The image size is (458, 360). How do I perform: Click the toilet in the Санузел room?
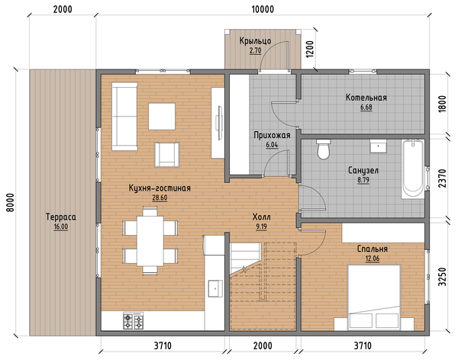pyautogui.click(x=324, y=149)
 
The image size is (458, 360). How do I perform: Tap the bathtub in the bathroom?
pyautogui.click(x=413, y=169)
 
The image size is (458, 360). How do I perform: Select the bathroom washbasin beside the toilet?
pyautogui.click(x=379, y=146)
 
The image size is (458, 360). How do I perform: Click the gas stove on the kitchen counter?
pyautogui.click(x=133, y=320)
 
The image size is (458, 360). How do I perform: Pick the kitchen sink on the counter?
pyautogui.click(x=215, y=288)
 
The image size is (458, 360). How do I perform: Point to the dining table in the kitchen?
pyautogui.click(x=150, y=241)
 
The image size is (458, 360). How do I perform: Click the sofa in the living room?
pyautogui.click(x=124, y=116)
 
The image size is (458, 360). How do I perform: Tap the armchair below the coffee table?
pyautogui.click(x=166, y=155)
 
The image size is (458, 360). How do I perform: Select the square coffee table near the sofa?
pyautogui.click(x=162, y=117)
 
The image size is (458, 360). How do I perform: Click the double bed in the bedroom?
pyautogui.click(x=374, y=297)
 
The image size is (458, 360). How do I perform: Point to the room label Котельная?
pyautogui.click(x=366, y=98)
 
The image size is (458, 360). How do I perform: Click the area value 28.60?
pyautogui.click(x=160, y=198)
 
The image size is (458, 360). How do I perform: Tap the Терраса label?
pyautogui.click(x=61, y=217)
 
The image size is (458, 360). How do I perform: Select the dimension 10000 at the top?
pyautogui.click(x=263, y=9)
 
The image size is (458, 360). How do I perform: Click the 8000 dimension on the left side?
pyautogui.click(x=10, y=203)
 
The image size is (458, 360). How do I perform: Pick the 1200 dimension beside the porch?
pyautogui.click(x=310, y=49)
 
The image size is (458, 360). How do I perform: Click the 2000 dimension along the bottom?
pyautogui.click(x=263, y=346)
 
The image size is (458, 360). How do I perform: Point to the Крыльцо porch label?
pyautogui.click(x=255, y=41)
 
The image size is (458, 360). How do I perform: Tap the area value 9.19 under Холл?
pyautogui.click(x=261, y=227)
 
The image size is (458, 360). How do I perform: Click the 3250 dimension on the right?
pyautogui.click(x=442, y=277)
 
